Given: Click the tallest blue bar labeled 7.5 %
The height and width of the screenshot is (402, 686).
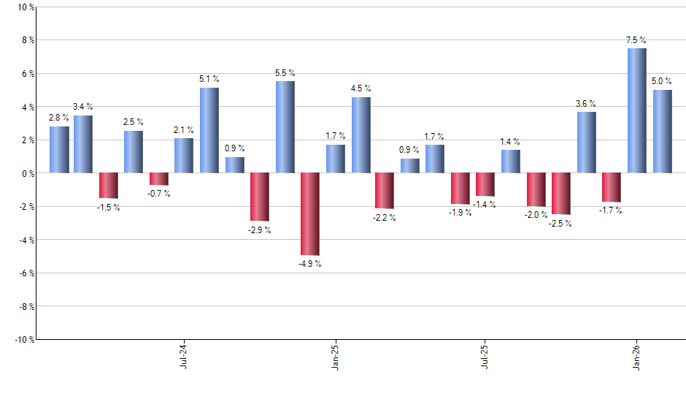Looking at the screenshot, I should (x=636, y=110).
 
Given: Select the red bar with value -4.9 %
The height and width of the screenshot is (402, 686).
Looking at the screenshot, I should (x=310, y=213).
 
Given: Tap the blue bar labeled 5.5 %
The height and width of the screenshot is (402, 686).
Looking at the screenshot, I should (x=285, y=126).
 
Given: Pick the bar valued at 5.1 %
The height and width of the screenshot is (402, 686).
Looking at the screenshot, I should (x=209, y=130).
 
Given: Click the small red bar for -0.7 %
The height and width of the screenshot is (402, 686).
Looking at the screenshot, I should (x=159, y=179).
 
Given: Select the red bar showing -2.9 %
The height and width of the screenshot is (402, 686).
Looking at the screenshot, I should (x=260, y=197).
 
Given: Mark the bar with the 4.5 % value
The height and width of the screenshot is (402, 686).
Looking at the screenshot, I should (x=361, y=135).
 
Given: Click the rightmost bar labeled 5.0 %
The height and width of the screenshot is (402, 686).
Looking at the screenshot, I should (x=663, y=132).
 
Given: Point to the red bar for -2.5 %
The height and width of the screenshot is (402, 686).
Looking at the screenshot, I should (x=561, y=194).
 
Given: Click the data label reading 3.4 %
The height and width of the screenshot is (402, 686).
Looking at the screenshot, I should (x=83, y=107).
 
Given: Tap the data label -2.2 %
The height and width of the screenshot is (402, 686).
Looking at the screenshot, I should (x=384, y=218).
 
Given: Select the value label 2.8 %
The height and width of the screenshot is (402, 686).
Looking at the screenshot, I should (x=59, y=118).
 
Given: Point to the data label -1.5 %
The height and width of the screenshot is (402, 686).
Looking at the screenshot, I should (x=108, y=208).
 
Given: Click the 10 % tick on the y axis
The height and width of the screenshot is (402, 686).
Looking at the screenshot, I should (x=25, y=7).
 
